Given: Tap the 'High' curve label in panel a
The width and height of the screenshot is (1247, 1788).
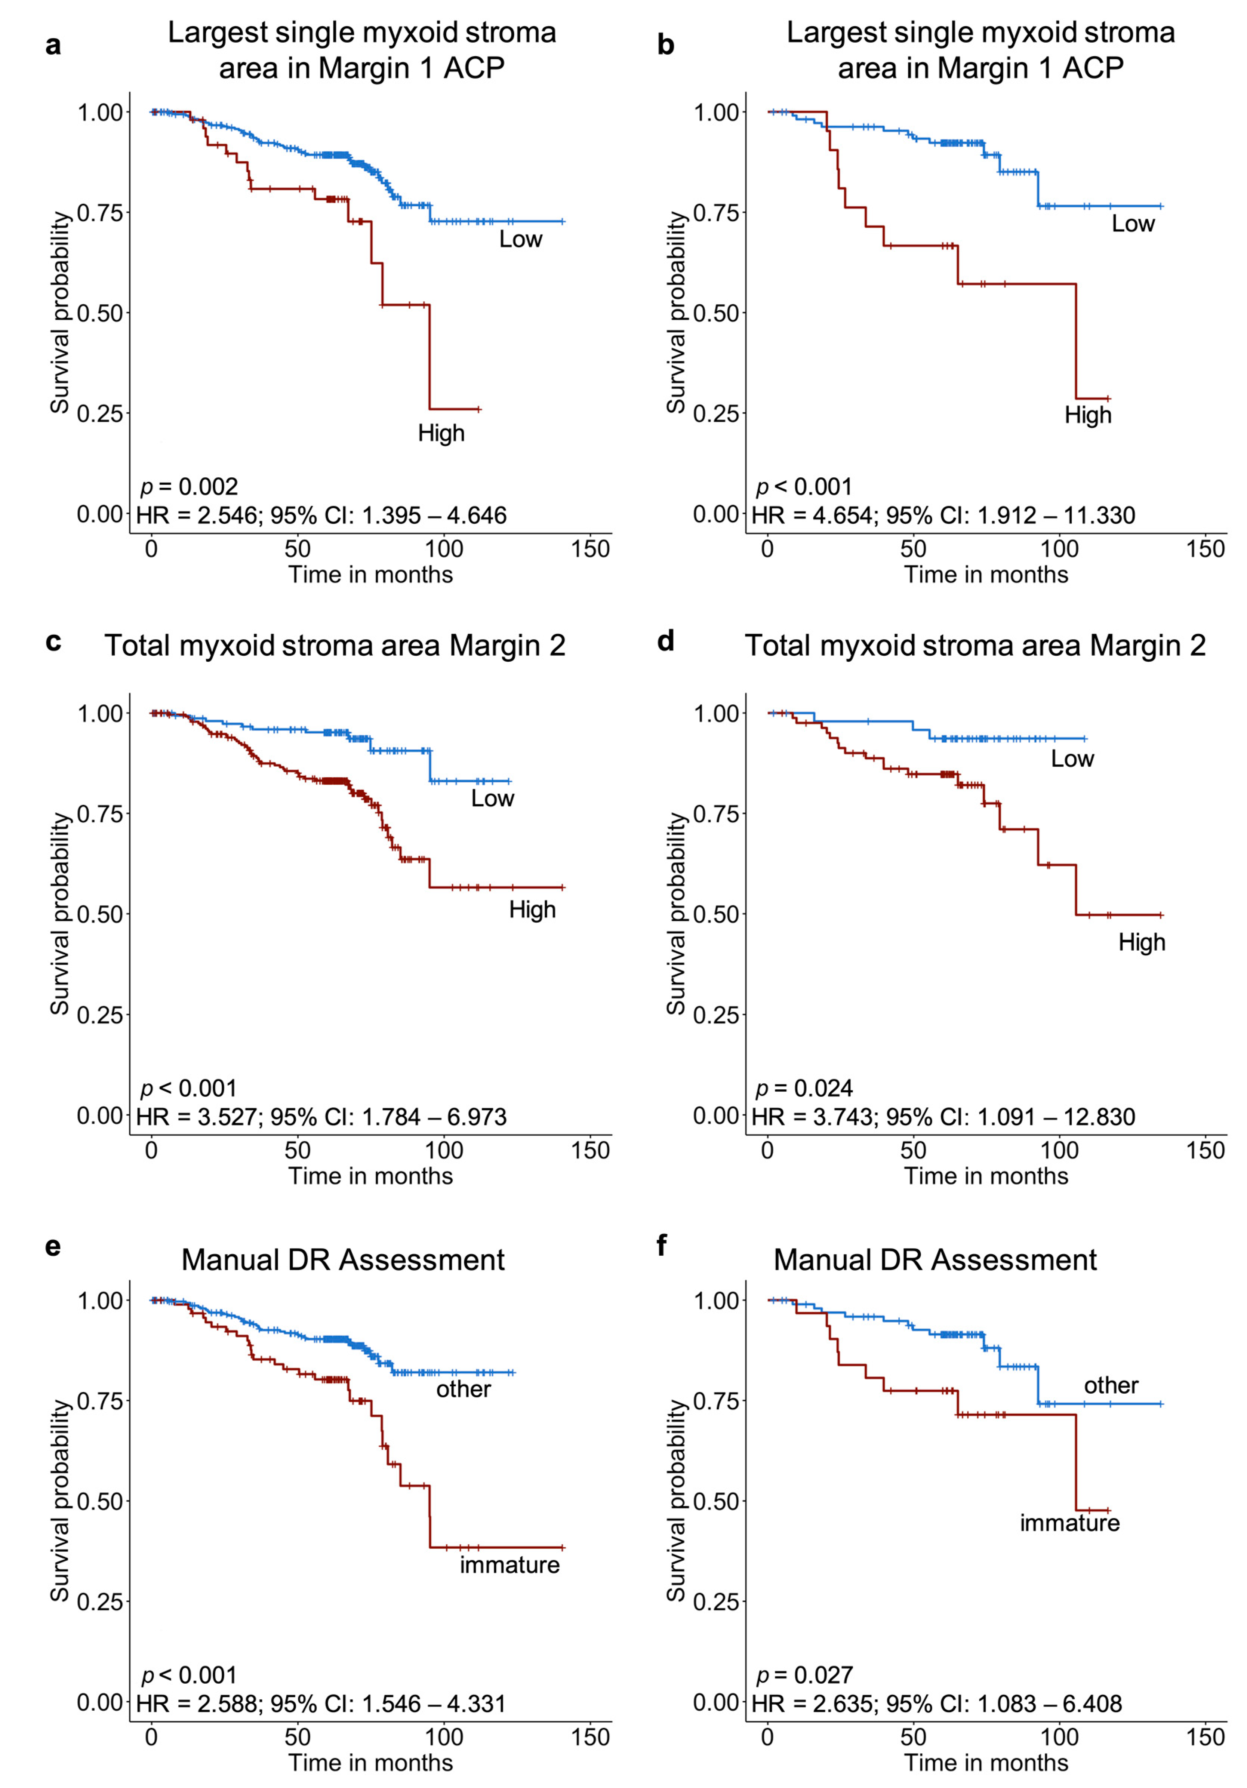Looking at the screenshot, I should click(x=441, y=433).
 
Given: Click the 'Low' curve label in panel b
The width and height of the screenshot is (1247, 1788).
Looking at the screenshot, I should click(x=1133, y=224).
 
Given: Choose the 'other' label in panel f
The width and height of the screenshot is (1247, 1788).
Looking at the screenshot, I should click(x=1111, y=1385).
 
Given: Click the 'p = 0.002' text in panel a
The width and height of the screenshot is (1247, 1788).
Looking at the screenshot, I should click(x=188, y=487).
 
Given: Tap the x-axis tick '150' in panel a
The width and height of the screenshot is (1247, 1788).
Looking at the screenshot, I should click(x=589, y=549).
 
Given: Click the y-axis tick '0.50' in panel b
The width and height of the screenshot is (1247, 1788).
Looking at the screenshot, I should click(x=715, y=313).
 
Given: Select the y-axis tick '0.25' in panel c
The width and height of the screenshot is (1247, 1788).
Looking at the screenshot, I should click(x=100, y=1015).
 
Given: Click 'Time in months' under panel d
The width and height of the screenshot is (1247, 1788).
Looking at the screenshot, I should click(x=985, y=1176).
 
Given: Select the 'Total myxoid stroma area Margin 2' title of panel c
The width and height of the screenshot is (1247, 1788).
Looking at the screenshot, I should click(x=335, y=646).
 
